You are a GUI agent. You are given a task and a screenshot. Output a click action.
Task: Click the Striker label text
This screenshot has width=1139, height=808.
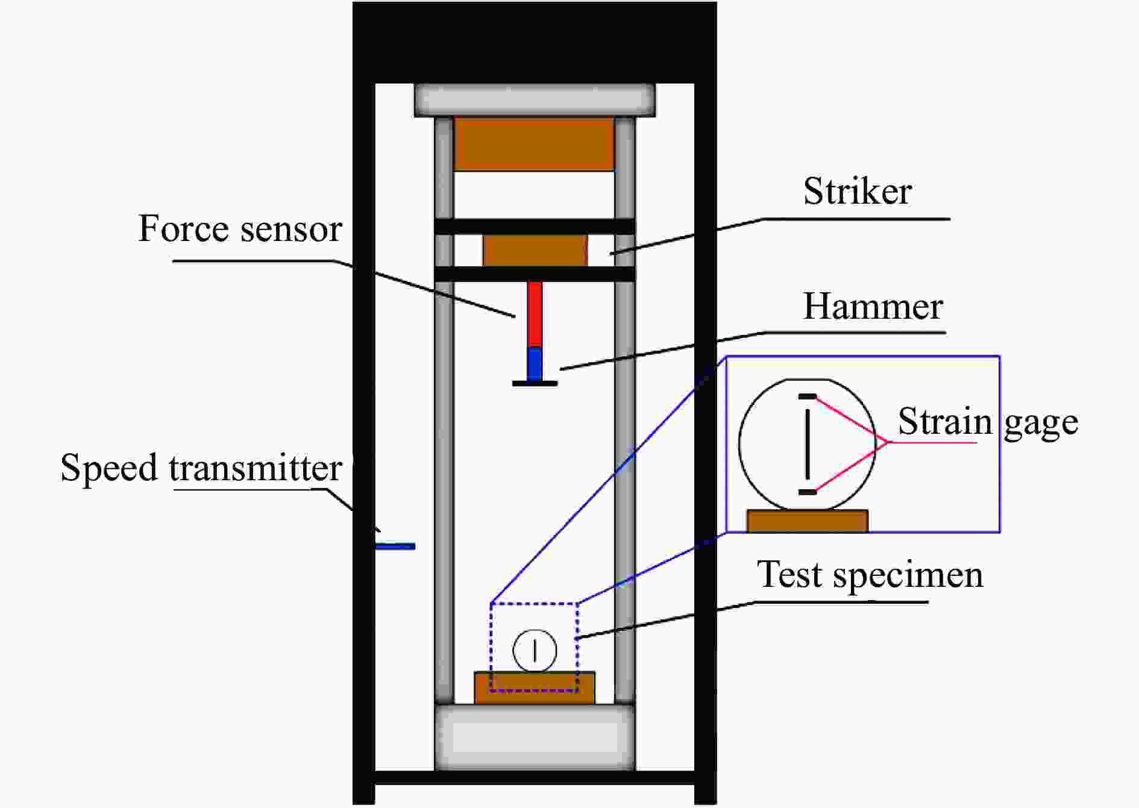[857, 192]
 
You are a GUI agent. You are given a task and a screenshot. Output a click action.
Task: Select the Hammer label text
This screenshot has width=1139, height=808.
[873, 307]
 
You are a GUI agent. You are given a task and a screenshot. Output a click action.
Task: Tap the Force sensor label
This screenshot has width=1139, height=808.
[240, 229]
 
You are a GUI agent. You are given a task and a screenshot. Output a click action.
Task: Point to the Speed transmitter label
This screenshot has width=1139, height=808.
[201, 468]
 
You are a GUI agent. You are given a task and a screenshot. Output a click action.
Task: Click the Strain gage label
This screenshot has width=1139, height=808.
[988, 422]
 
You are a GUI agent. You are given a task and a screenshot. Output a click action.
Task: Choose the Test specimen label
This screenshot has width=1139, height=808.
[870, 574]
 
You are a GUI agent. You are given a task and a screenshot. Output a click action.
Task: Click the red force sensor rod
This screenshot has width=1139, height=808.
[535, 314]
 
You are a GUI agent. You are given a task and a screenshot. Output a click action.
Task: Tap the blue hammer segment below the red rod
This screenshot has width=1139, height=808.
[535, 363]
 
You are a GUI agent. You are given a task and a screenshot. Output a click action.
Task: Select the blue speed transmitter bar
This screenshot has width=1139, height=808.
[395, 546]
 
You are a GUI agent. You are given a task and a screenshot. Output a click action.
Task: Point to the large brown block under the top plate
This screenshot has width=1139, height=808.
[534, 144]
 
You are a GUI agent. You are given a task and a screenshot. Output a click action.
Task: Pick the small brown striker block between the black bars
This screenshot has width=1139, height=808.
[535, 250]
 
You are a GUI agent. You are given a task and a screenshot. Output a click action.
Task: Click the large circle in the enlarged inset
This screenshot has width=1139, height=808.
[740, 444]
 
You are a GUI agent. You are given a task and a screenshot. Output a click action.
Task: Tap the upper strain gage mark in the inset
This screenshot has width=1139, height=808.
[808, 396]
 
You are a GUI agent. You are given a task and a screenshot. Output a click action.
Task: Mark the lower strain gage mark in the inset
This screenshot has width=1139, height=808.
[808, 492]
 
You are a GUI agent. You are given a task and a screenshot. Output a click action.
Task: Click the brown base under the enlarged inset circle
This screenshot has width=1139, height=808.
[808, 521]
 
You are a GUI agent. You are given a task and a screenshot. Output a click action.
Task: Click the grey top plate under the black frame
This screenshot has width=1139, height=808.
[535, 100]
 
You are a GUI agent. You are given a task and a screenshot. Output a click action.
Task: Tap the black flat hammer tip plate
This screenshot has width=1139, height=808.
[535, 383]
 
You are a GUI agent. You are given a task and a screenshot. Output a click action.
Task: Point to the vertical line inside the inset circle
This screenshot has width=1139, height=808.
[808, 444]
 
